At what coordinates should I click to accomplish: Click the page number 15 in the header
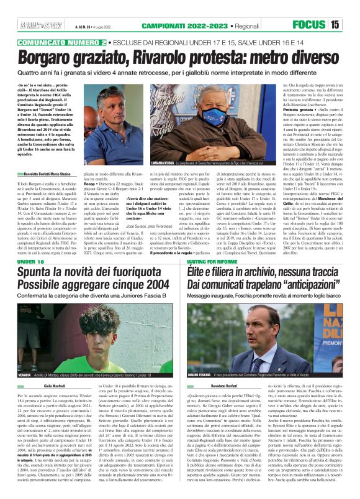(352, 25)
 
